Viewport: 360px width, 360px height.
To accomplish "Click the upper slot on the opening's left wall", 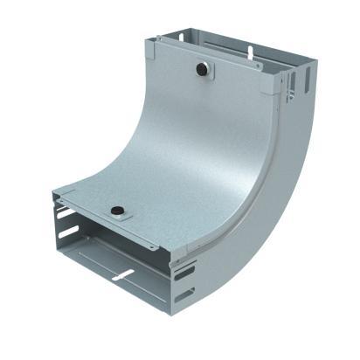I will [65, 212].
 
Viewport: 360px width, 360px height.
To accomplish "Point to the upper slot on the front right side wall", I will [184, 273].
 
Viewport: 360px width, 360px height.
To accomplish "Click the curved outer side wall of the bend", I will [271, 201].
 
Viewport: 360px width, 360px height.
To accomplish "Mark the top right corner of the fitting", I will [315, 62].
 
